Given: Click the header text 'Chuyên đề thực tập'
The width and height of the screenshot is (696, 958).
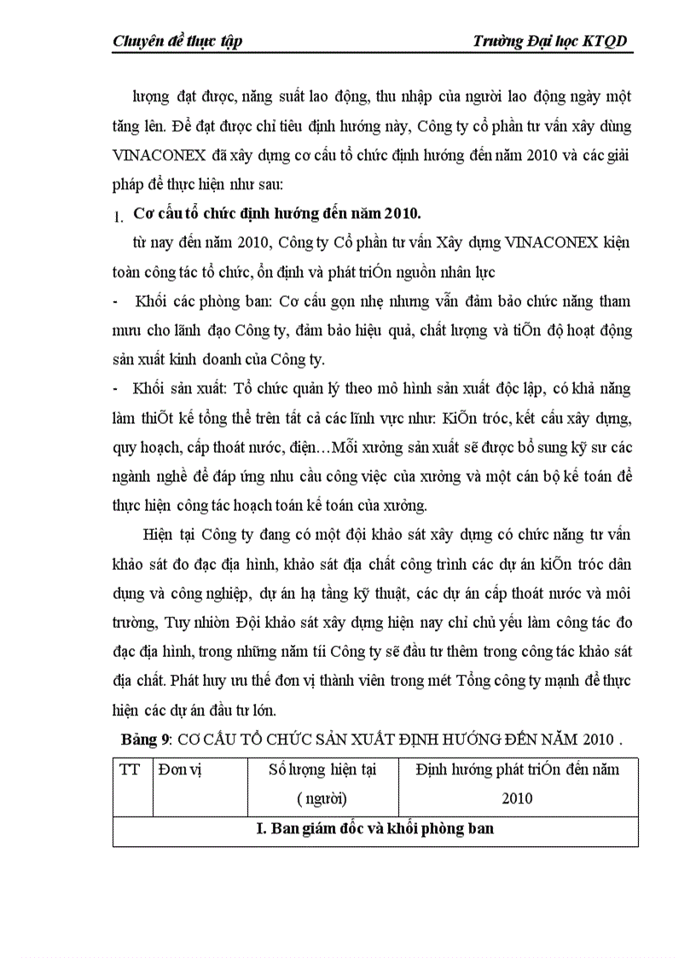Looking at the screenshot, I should (177, 42).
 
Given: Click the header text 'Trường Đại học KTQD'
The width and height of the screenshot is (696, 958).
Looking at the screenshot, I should (553, 42).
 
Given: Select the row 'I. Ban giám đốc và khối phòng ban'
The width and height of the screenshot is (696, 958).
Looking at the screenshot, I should (375, 829).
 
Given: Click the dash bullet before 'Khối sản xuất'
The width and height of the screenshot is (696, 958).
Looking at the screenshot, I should (116, 389).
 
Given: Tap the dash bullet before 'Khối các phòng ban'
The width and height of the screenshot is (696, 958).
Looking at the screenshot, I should (116, 302).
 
